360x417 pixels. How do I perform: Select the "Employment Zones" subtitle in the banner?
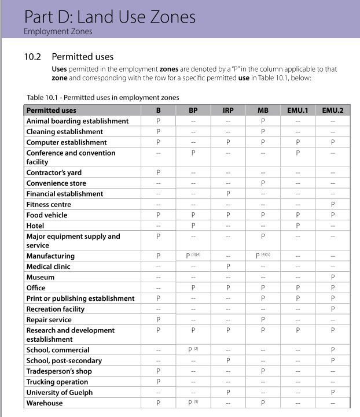coord(58,31)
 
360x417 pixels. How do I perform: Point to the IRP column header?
coord(228,110)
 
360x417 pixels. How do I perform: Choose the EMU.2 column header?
coord(332,110)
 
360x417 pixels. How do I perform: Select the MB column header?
coord(262,110)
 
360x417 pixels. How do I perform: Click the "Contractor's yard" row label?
coord(54,172)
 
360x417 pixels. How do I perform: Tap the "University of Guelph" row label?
coord(59,392)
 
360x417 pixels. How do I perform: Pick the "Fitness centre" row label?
coord(49,204)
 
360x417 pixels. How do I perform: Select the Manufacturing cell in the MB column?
coord(263,256)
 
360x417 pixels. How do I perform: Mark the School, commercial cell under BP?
coord(193,350)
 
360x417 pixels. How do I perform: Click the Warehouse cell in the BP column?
coord(193,403)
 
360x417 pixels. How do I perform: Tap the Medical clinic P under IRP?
coord(228,267)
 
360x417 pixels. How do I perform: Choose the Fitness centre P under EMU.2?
coord(332,204)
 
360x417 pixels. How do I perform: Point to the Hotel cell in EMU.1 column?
coord(297,226)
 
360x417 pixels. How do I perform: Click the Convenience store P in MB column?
coord(262,183)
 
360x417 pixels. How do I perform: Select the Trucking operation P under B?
coord(158,382)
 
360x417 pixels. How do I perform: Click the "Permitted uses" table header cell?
coord(52,110)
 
